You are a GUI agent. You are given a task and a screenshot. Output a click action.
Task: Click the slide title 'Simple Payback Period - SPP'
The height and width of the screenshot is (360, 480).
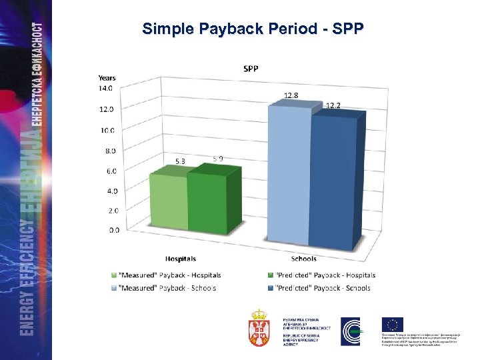coord(253,29)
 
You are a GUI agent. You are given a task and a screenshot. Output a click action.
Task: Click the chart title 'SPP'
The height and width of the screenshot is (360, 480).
coord(251,69)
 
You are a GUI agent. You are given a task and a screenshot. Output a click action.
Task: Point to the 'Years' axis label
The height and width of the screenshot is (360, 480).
coord(107,78)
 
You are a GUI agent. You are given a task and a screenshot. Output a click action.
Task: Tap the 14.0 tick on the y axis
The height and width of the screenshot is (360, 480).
coord(106,87)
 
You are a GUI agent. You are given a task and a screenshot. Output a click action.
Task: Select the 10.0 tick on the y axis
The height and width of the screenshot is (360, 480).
coord(106,130)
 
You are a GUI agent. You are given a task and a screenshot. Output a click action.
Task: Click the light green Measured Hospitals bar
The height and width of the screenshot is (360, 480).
coord(169,203)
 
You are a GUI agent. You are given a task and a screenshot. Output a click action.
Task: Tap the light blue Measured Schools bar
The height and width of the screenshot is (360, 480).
coord(289,177)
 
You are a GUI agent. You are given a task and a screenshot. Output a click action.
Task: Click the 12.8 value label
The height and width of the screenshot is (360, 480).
coord(291,95)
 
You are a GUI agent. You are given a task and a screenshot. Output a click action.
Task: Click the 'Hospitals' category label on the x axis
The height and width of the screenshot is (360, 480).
coord(181,259)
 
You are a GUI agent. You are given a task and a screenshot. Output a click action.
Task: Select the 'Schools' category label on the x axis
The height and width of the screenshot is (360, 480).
coord(304,259)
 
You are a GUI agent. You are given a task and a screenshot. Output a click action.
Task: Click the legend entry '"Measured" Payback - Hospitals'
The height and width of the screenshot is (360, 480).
coord(170,275)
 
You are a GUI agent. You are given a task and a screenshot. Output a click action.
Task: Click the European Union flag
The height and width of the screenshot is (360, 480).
coord(393,325)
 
